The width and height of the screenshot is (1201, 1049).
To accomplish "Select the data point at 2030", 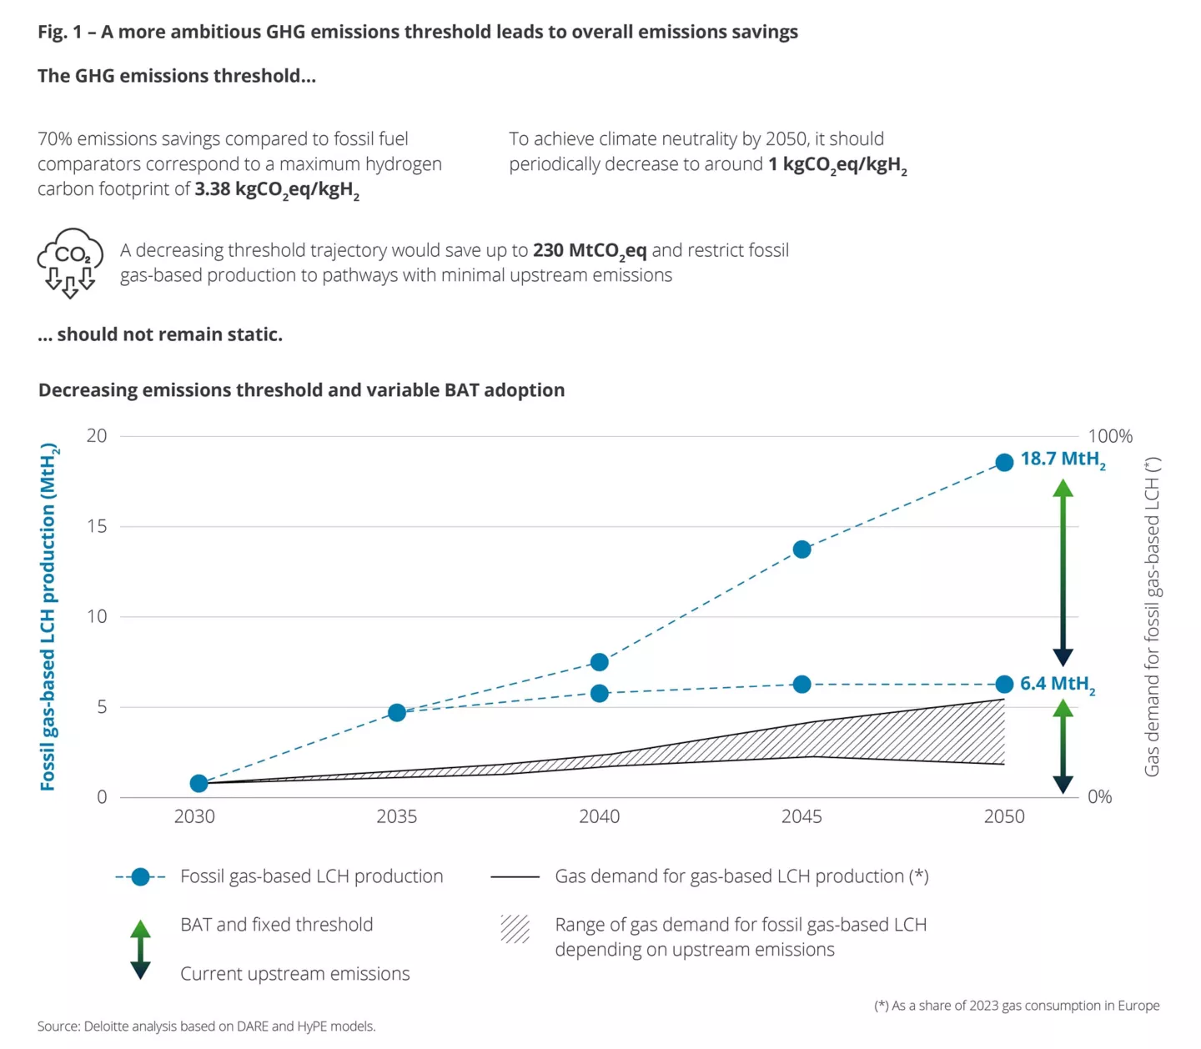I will (x=198, y=783).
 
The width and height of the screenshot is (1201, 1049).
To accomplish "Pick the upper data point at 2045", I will (x=802, y=550).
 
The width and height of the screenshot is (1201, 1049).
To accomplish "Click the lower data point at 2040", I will (x=599, y=693).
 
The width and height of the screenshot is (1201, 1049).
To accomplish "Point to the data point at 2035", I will (x=397, y=712).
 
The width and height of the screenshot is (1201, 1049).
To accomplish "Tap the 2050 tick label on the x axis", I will (x=1004, y=817).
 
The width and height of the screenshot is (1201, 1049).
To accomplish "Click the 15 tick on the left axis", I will (x=97, y=526).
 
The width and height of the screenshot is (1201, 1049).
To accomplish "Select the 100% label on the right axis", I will (x=1110, y=436).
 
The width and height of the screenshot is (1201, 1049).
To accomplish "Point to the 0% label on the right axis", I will (x=1100, y=797).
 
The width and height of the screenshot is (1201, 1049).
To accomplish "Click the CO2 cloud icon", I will (x=70, y=262).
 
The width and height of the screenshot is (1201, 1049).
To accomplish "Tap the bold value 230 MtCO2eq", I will (x=590, y=251).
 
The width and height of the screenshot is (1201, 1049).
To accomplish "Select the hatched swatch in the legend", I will (x=515, y=928).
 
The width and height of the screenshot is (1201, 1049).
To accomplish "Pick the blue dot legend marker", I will (x=140, y=876).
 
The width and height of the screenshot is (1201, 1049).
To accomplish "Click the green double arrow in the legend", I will (x=141, y=949).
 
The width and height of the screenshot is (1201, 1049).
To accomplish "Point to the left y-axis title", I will (x=48, y=617).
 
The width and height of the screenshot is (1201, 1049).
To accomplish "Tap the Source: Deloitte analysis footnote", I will (x=206, y=1026).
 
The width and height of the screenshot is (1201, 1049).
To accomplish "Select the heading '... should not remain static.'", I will (x=160, y=334).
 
